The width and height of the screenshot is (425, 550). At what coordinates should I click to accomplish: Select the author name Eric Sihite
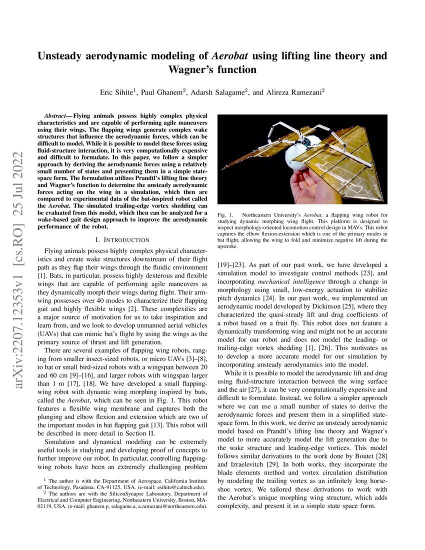[x=119, y=92]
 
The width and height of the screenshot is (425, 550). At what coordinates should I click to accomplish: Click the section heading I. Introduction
[x=122, y=240]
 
